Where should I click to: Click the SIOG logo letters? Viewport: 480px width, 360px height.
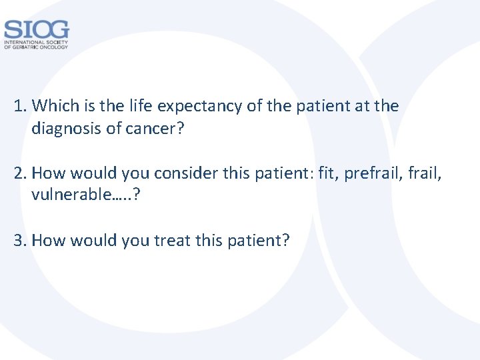36,29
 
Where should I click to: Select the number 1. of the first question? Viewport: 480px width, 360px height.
21,106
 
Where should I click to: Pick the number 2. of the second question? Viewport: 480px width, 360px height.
21,174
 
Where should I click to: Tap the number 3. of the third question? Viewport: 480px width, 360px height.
21,241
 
